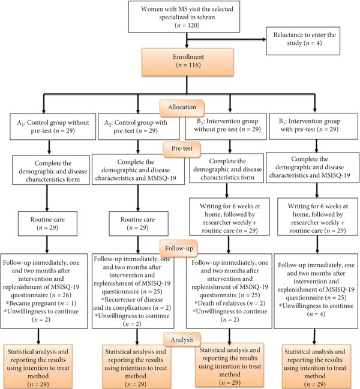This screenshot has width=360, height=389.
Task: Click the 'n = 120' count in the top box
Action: [x=187, y=25]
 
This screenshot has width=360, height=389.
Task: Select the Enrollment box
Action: [x=188, y=62]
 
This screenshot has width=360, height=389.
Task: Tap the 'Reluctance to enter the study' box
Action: [x=303, y=41]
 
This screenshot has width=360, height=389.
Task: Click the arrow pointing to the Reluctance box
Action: [x=226, y=39]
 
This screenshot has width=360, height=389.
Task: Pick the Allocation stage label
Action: [x=182, y=107]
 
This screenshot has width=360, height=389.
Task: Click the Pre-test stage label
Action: [x=182, y=149]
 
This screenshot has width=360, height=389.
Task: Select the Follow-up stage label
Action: [x=179, y=249]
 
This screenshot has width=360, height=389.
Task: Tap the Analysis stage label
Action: [x=182, y=340]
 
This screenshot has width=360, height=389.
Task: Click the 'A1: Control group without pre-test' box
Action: [x=53, y=127]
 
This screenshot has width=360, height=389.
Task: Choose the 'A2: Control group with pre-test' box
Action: [x=139, y=127]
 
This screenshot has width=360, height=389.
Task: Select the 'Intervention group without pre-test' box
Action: [x=226, y=126]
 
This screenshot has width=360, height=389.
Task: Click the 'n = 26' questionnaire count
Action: [x=61, y=295]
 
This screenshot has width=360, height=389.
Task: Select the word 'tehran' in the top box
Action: [x=204, y=17]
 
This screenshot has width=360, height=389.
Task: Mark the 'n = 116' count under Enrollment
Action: [x=188, y=65]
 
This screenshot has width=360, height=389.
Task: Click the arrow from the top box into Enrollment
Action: [x=187, y=40]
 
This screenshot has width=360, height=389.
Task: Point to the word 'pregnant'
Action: [x=44, y=303]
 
